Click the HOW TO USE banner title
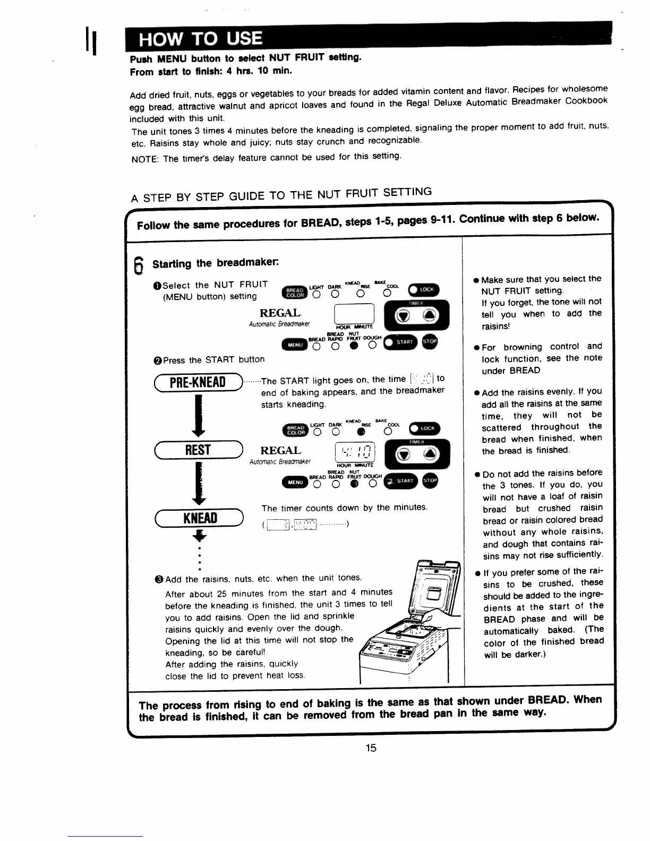200,39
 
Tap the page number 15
371,748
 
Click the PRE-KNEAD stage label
197,382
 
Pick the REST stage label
198,450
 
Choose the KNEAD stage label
200,518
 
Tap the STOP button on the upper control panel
429,342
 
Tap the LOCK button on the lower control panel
425,428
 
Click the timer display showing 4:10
355,453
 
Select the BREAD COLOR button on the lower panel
295,429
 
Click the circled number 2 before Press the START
157,361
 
